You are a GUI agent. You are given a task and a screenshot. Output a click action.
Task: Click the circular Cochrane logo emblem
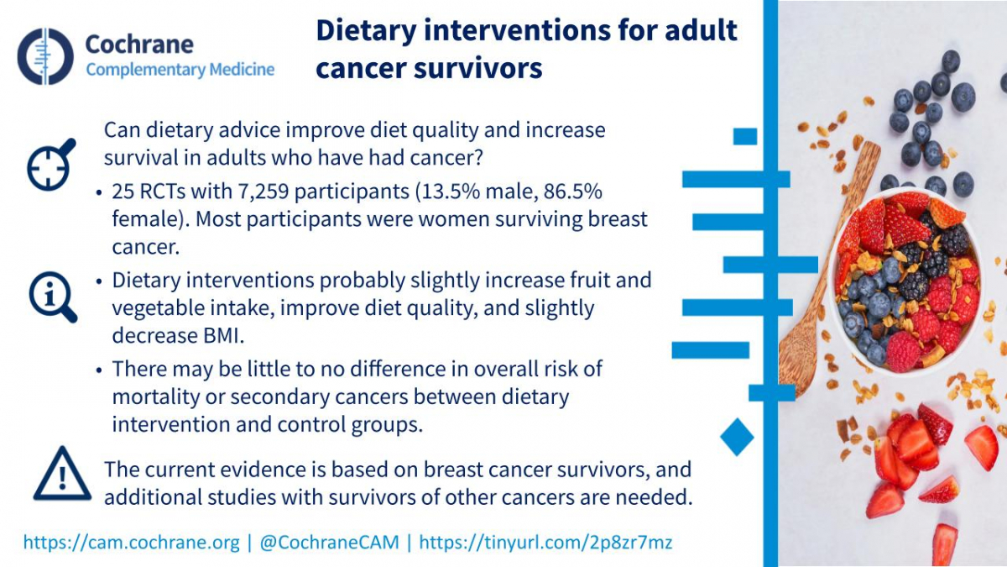click(45, 56)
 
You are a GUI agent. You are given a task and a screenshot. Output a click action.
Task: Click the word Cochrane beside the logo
click(139, 44)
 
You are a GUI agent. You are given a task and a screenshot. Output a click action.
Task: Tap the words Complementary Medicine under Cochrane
click(180, 70)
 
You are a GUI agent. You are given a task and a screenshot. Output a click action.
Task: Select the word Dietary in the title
click(366, 30)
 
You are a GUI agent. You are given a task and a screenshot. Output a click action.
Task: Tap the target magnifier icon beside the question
click(51, 165)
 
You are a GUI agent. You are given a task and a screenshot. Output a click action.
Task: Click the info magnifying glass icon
click(53, 297)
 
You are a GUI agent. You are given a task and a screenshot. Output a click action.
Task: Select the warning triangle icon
click(62, 474)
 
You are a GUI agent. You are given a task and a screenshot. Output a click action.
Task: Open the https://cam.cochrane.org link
click(131, 543)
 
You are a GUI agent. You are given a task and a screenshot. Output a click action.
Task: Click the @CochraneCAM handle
click(330, 543)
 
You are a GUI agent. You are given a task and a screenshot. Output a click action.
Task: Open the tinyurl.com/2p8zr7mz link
click(545, 543)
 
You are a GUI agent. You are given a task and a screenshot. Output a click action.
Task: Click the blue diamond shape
click(737, 437)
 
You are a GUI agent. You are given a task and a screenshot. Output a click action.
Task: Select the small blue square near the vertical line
click(745, 136)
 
